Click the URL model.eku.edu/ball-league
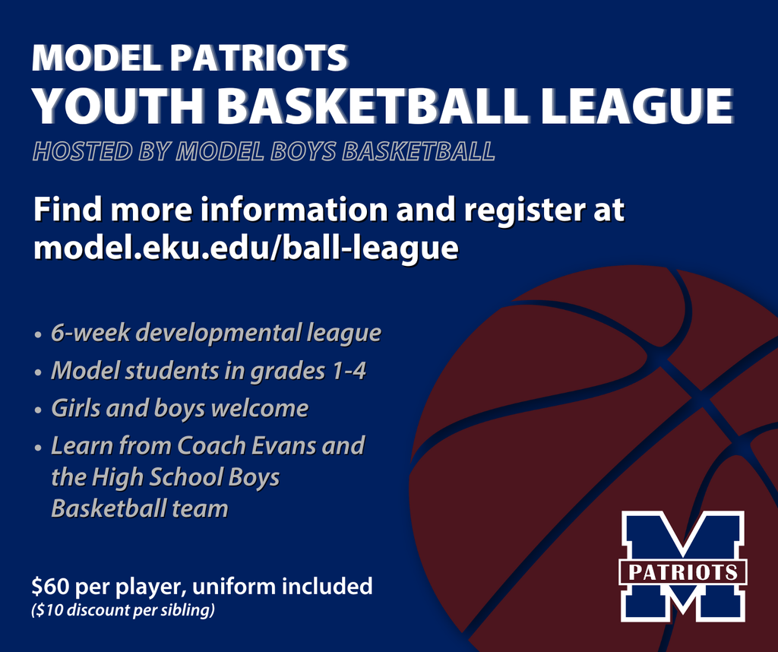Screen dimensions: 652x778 click(x=245, y=248)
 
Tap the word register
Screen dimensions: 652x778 click(x=523, y=210)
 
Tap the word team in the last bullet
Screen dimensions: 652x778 click(x=200, y=508)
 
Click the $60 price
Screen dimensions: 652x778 click(x=49, y=587)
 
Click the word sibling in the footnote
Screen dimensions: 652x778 click(x=188, y=609)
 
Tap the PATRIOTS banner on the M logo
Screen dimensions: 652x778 click(x=682, y=572)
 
